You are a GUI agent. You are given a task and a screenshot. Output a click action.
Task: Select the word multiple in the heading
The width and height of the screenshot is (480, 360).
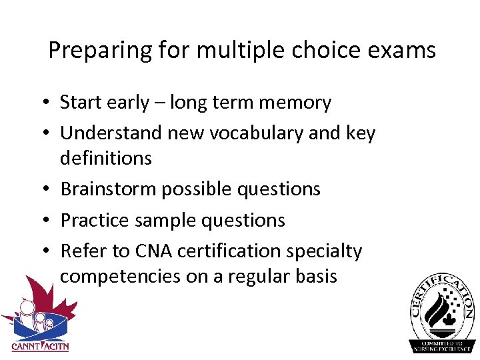[x=234, y=51]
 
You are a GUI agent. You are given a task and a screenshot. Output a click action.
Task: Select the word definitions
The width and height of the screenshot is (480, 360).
[x=106, y=159]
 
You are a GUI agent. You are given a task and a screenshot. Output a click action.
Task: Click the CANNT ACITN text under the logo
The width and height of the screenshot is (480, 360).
[x=40, y=346]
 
